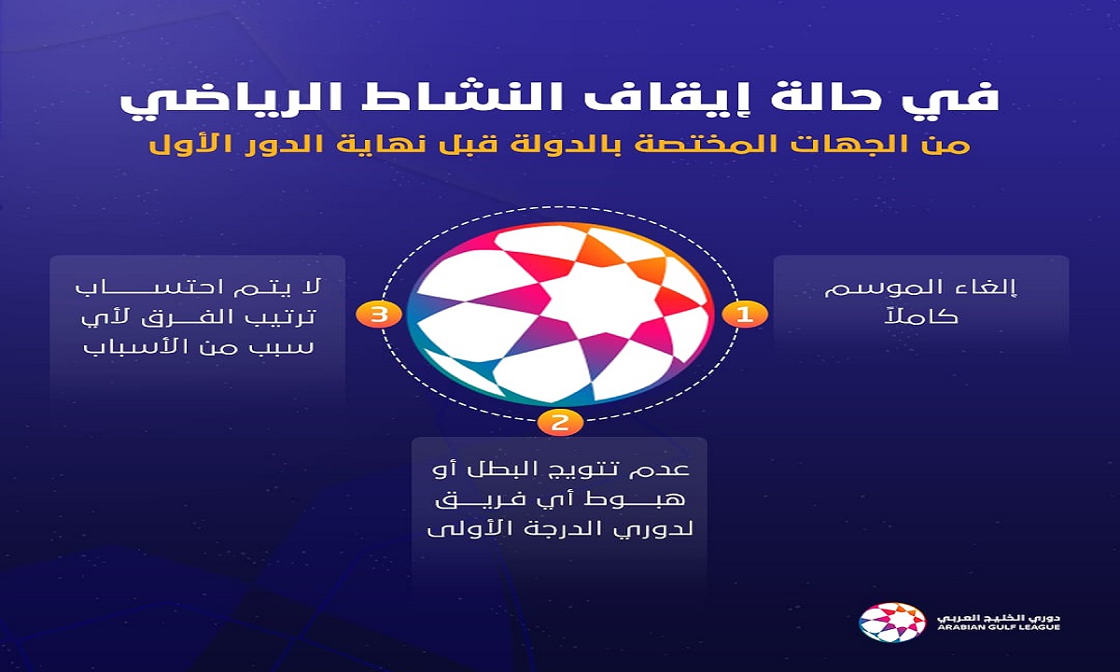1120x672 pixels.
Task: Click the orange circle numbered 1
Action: (x=745, y=315)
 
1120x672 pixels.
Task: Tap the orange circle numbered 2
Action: (x=560, y=423)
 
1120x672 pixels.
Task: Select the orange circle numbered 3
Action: (x=379, y=315)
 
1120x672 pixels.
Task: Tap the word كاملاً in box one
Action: (x=921, y=316)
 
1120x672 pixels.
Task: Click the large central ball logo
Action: (x=560, y=314)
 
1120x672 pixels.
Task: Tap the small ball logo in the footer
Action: (x=891, y=623)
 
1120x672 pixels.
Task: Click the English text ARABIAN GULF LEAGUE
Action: (x=998, y=627)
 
